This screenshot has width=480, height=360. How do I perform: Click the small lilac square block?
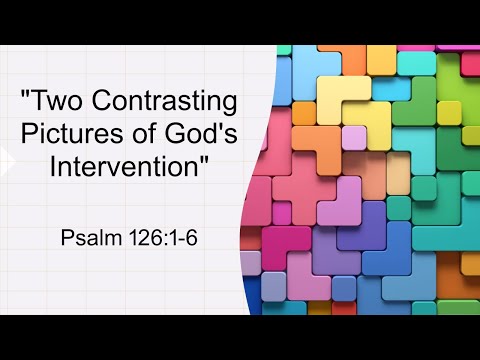point(353,136)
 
